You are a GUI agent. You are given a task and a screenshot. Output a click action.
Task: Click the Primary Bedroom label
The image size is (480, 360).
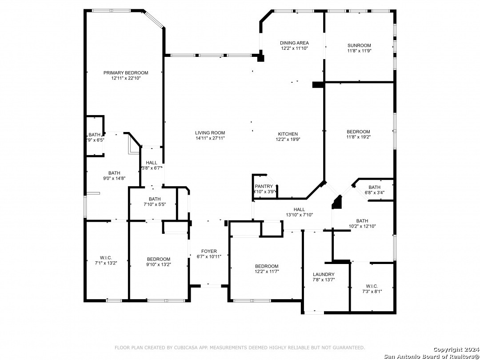125,73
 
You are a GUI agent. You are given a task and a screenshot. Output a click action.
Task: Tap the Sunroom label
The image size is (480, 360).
359,46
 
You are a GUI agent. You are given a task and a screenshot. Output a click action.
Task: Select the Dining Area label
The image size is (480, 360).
294,43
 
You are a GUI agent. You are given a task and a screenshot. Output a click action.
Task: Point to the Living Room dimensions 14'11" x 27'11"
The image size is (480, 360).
210,138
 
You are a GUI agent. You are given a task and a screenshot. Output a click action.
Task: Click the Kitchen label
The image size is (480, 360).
288,134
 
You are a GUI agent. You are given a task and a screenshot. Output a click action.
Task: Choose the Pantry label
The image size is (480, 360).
264,186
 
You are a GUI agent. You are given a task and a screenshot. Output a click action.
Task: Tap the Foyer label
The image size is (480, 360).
209,251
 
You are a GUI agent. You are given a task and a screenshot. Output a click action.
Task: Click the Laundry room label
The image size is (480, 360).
324,274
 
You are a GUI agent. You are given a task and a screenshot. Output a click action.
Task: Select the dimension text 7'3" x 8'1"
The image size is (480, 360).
372,292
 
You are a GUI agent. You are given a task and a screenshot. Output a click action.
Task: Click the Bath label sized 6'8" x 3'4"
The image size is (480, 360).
374,188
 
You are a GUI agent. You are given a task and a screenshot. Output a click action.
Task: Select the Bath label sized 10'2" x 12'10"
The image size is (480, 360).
362,221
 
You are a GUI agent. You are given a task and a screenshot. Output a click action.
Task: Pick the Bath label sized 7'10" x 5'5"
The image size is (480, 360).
155,199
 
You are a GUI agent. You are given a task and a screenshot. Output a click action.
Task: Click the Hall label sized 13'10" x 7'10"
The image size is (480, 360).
299,209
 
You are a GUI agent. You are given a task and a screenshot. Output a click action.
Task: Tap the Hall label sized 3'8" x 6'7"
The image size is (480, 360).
151,163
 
